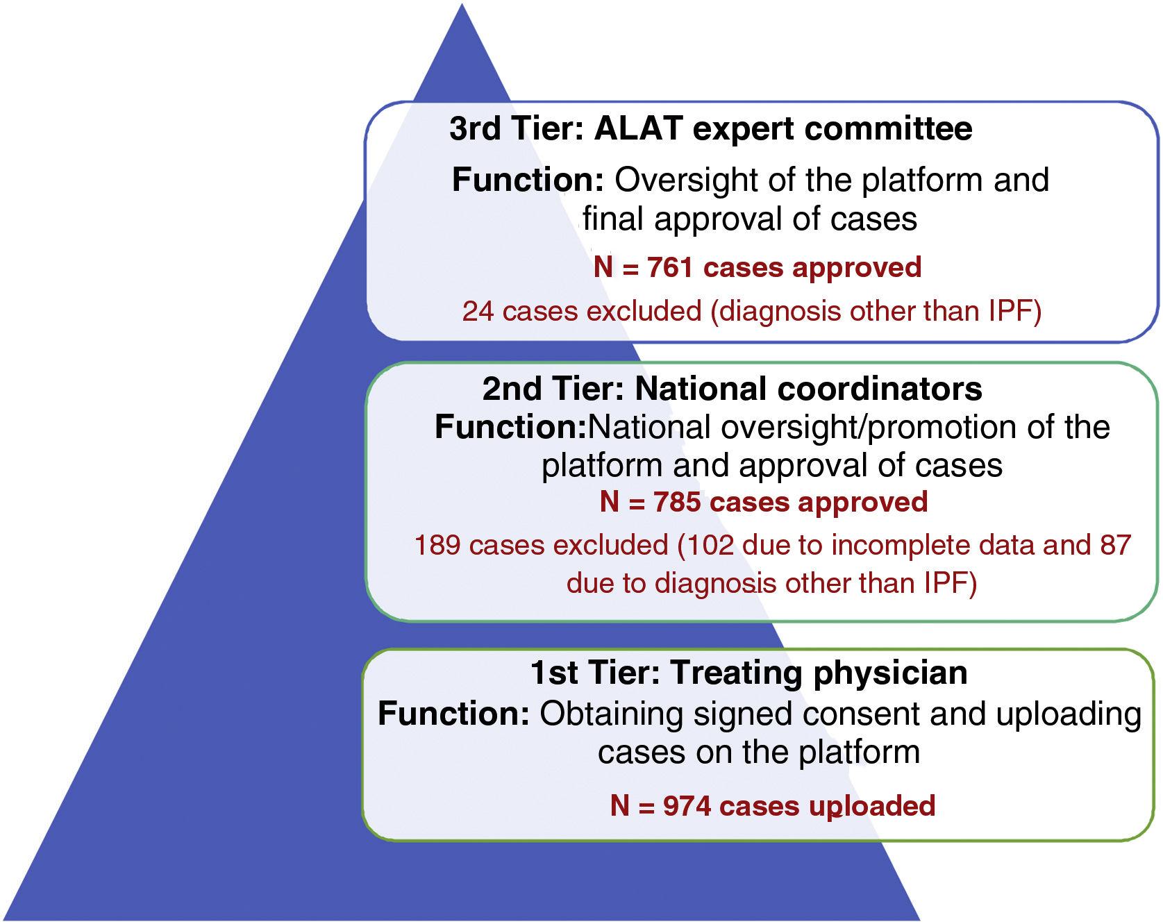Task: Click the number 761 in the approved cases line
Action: pyautogui.click(x=669, y=267)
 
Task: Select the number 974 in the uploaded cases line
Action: pyautogui.click(x=687, y=806)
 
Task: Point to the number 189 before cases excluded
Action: pyautogui.click(x=437, y=546)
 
